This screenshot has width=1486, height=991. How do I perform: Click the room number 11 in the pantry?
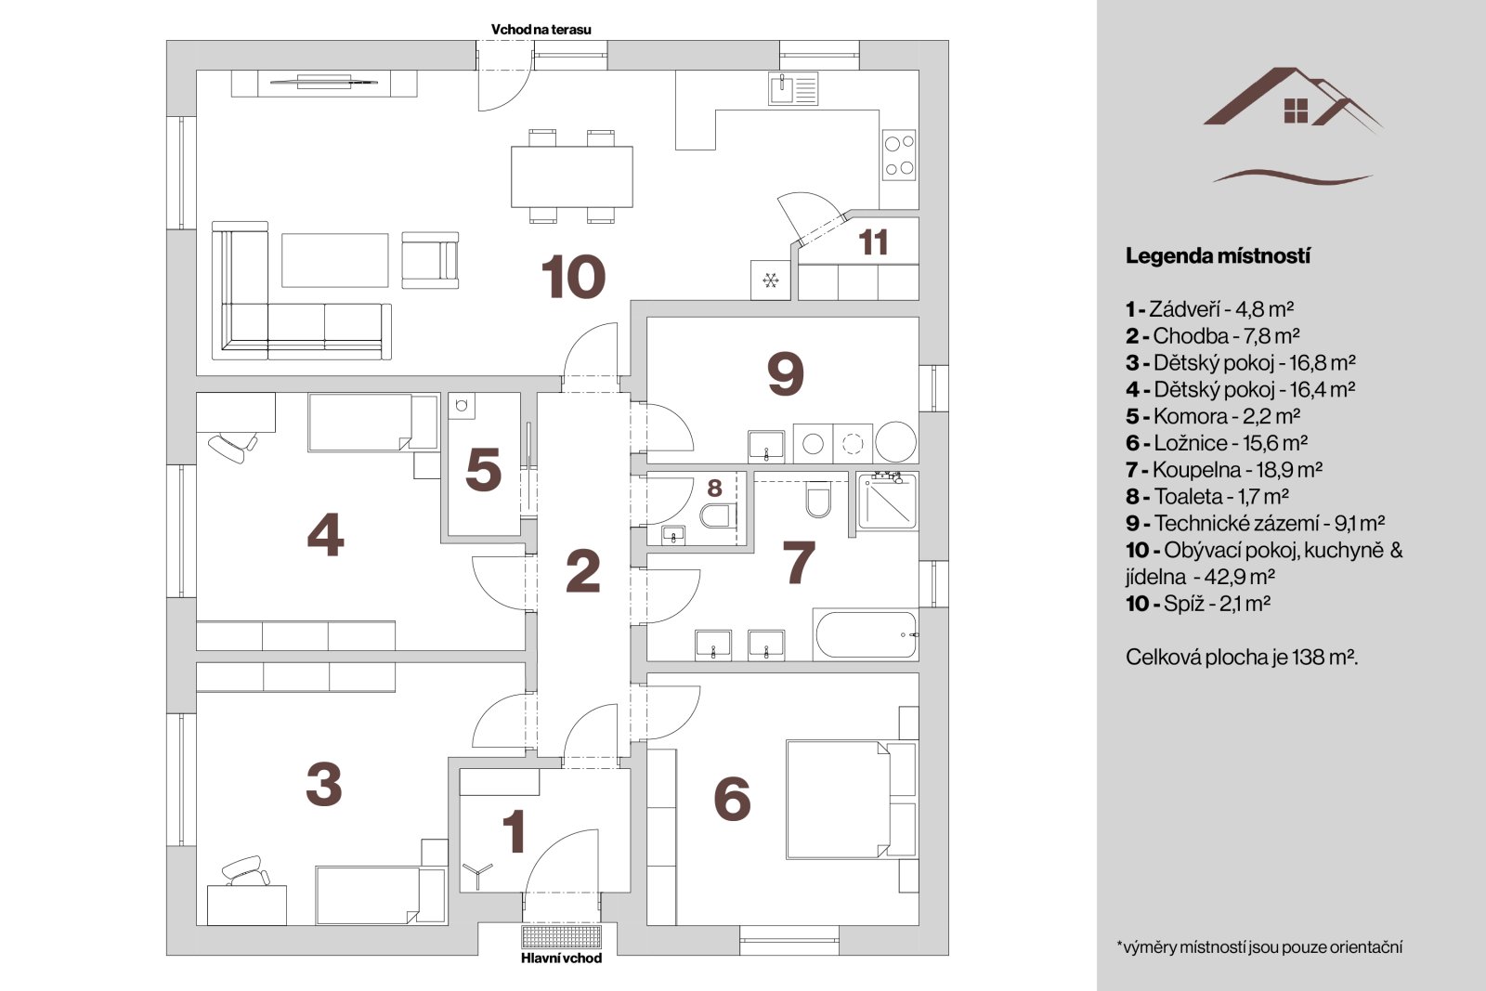[x=873, y=242]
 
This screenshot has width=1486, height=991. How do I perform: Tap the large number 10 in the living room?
[x=573, y=277]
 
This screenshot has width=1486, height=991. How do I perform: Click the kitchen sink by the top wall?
[x=793, y=89]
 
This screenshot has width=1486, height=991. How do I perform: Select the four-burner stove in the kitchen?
[x=899, y=155]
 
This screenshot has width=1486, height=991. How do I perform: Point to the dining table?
[x=572, y=176]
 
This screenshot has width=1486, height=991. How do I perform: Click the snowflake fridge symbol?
[x=770, y=280]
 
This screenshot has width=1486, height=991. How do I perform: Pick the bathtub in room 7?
[x=866, y=634]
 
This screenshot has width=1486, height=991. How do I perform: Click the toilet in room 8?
[x=719, y=515]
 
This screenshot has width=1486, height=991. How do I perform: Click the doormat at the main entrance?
[x=562, y=936]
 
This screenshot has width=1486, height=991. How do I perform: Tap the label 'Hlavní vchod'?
[x=561, y=958]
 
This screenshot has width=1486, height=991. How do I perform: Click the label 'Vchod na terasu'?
[x=541, y=29]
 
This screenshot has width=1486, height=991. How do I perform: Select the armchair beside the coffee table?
[x=430, y=260]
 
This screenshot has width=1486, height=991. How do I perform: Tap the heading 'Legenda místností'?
[x=1218, y=256]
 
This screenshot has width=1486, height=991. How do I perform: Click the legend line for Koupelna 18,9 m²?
[x=1224, y=470]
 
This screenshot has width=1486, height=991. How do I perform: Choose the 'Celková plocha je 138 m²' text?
[x=1241, y=658]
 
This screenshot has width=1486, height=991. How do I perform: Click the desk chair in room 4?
[x=233, y=447]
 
